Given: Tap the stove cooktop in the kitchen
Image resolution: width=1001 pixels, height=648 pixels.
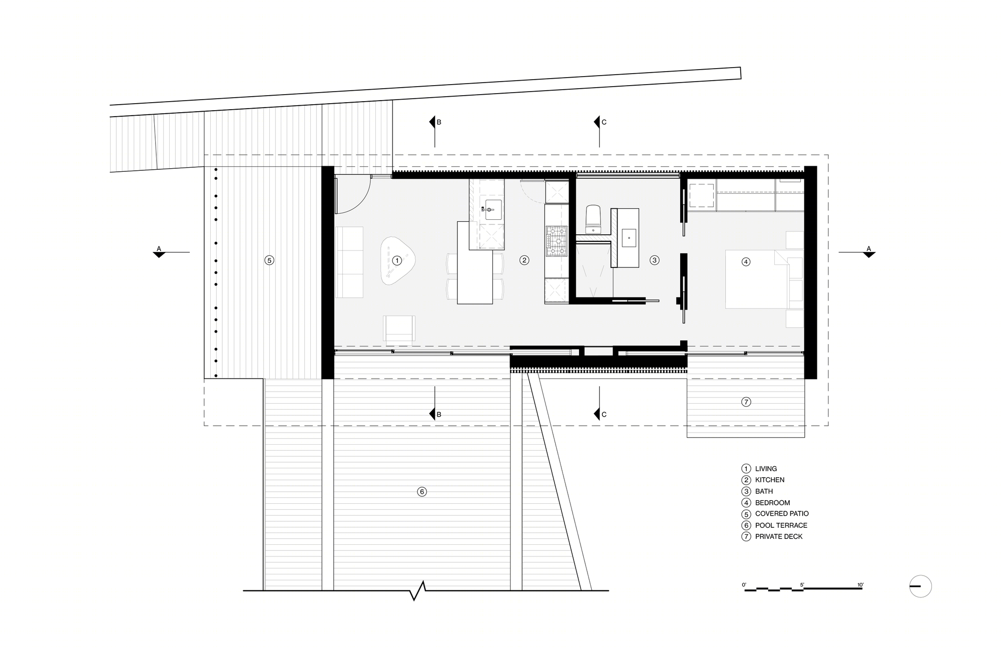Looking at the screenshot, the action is point(557,241).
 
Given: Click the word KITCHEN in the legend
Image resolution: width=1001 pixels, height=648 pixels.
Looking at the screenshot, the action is point(770,480).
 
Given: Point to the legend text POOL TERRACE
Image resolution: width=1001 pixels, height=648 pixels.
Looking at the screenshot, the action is point(781,525).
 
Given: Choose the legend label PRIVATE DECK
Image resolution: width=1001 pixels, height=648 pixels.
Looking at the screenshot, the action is point(779,536).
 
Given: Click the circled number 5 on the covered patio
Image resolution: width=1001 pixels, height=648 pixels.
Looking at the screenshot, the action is point(269,260).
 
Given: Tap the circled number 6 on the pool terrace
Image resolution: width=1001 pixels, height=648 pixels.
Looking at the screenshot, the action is point(422,492).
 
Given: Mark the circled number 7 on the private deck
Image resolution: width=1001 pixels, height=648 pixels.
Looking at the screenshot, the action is point(746,402).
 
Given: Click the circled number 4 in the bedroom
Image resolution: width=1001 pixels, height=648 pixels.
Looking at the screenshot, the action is point(746,261).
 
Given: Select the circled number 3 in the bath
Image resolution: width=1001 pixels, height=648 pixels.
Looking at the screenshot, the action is point(654,260).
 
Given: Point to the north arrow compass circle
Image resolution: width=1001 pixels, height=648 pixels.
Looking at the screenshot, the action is point(920,586).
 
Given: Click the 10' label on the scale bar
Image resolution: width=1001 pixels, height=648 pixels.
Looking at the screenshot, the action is point(860,585).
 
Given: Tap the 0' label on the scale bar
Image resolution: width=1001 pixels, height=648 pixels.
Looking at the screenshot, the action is point(744,585).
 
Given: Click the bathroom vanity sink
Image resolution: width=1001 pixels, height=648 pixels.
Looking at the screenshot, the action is point(629,238).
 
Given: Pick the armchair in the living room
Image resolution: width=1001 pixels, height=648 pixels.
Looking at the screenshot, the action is point(399,330).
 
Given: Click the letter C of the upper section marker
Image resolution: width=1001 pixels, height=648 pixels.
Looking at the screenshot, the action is point(604,122).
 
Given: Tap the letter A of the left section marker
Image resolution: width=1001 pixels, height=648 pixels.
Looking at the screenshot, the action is point(159,248).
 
